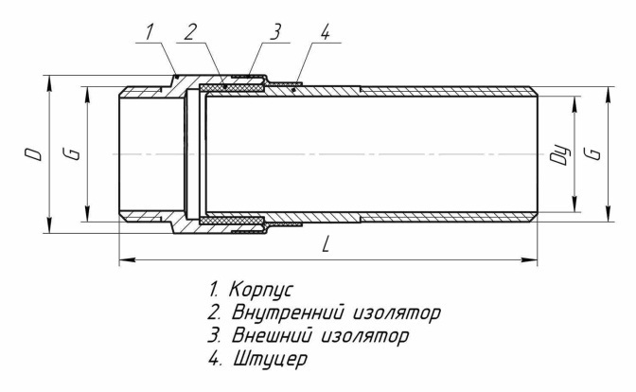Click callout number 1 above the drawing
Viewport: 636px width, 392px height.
click(x=150, y=31)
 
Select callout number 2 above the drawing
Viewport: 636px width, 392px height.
click(x=190, y=32)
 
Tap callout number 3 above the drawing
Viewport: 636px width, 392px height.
click(x=275, y=31)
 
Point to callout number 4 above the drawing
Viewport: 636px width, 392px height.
click(x=324, y=32)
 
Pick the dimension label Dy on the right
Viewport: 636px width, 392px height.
click(x=559, y=154)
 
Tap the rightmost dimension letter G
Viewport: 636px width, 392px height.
click(x=592, y=153)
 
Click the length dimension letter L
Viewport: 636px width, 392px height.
click(x=326, y=244)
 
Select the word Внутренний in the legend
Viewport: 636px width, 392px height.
click(x=290, y=313)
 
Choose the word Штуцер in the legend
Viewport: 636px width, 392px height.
click(x=270, y=360)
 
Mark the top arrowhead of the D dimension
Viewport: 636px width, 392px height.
click(x=49, y=82)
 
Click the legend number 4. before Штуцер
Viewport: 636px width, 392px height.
click(x=215, y=360)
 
